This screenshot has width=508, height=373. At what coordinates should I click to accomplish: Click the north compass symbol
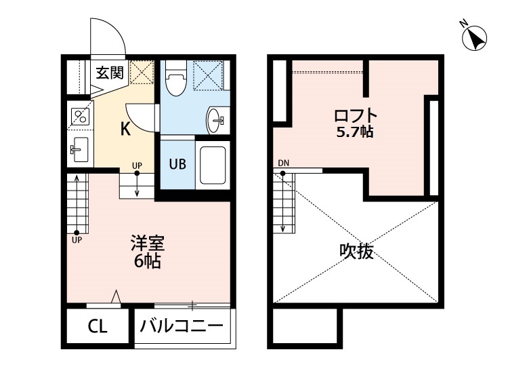point(474,37)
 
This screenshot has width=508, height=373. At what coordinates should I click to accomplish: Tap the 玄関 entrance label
point(110,73)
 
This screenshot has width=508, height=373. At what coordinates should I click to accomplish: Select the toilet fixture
point(175,78)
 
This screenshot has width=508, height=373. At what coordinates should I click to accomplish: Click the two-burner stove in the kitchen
point(80,117)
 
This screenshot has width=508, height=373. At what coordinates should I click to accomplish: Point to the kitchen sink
point(79,149)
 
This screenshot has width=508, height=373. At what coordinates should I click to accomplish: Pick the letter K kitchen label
point(125,129)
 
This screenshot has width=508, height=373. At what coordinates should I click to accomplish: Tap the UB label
point(177,164)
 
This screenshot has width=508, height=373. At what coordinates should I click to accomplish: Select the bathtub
point(213,165)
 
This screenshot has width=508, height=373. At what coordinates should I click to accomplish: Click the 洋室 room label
point(148,243)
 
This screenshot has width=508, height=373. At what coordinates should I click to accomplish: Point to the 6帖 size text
point(148,261)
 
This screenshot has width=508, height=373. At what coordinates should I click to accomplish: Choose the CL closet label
point(97,327)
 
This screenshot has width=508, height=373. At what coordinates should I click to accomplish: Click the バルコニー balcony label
point(182,326)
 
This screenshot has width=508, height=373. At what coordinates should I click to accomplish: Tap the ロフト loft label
point(356,116)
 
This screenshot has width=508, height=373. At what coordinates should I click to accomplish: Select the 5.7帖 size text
point(355,132)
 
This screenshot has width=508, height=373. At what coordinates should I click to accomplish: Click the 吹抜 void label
point(357,251)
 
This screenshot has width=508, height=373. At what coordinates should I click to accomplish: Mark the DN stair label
point(284,163)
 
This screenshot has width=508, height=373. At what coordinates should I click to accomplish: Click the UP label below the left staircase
point(77,240)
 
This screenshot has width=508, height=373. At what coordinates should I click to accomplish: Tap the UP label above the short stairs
point(137,165)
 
